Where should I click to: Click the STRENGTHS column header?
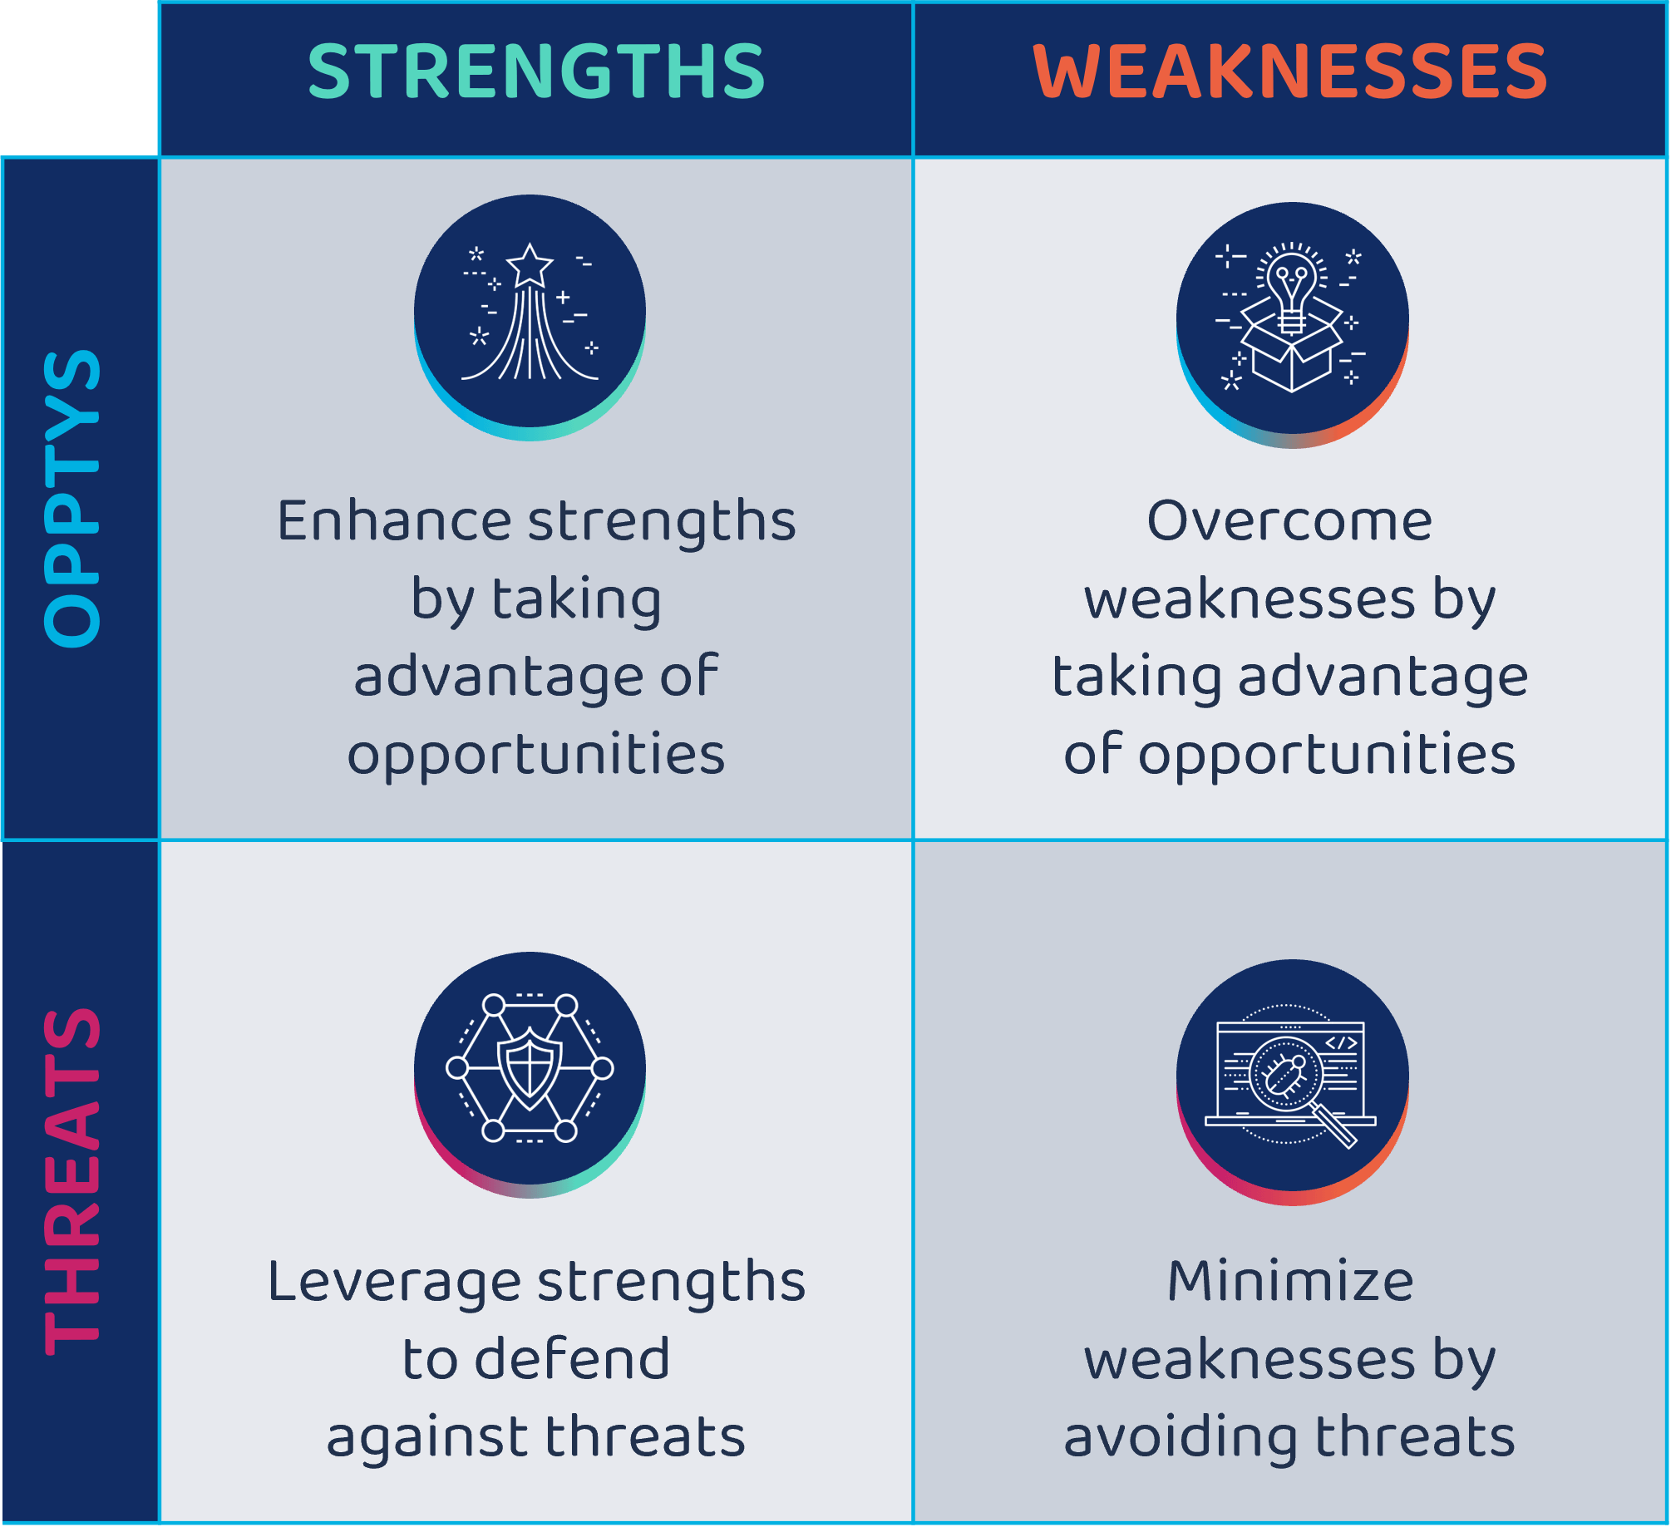(536, 71)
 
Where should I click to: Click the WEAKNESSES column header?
(1289, 71)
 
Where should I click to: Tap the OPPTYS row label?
(72, 498)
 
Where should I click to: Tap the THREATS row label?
(72, 1181)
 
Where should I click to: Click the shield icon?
(530, 1068)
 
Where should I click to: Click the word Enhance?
(394, 521)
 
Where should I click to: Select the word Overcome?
(1289, 521)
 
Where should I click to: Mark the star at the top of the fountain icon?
(530, 265)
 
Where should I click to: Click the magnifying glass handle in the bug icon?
(1336, 1127)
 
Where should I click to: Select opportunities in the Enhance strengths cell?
(536, 755)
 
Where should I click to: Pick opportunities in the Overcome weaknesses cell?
(1327, 755)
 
